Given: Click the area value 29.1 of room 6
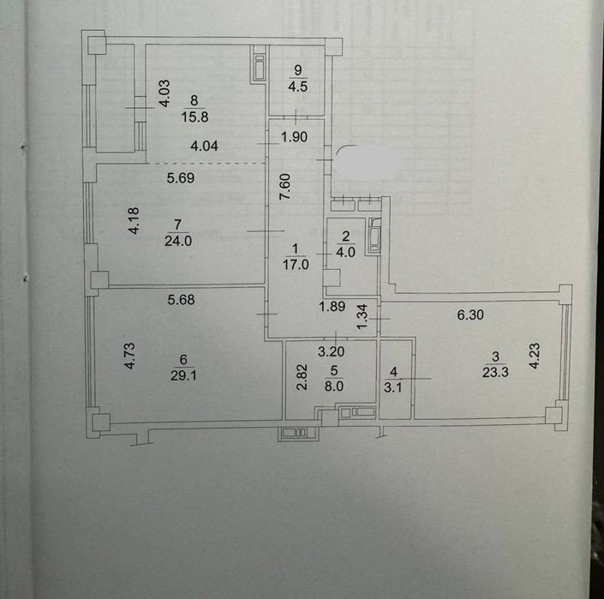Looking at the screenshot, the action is (x=183, y=375).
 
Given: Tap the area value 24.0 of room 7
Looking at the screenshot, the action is (x=178, y=241).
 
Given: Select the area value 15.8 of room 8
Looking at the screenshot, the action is (x=194, y=117).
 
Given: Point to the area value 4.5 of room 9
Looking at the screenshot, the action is (x=298, y=87).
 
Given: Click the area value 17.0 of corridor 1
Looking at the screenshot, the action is (x=296, y=265).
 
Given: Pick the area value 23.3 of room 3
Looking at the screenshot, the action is (x=495, y=372).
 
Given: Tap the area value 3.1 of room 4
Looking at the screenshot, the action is (x=393, y=387).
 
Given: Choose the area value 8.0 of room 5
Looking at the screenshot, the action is (x=333, y=386).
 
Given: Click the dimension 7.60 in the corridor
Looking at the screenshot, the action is (x=284, y=187).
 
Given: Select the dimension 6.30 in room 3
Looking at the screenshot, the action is (x=470, y=314).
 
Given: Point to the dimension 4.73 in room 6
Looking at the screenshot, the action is (x=130, y=356).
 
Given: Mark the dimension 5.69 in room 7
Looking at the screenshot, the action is (x=181, y=177).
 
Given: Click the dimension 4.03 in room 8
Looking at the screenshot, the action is (x=164, y=93).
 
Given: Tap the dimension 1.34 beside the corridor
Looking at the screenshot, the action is (x=362, y=317).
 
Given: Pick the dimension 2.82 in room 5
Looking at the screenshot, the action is (x=302, y=377).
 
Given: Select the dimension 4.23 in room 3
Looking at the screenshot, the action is (x=535, y=356).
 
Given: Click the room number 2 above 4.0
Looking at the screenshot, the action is (x=345, y=237).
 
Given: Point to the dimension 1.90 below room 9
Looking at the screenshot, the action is (x=295, y=137).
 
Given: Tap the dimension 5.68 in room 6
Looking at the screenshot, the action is (x=181, y=299).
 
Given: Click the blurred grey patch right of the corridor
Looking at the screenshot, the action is (x=368, y=161).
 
